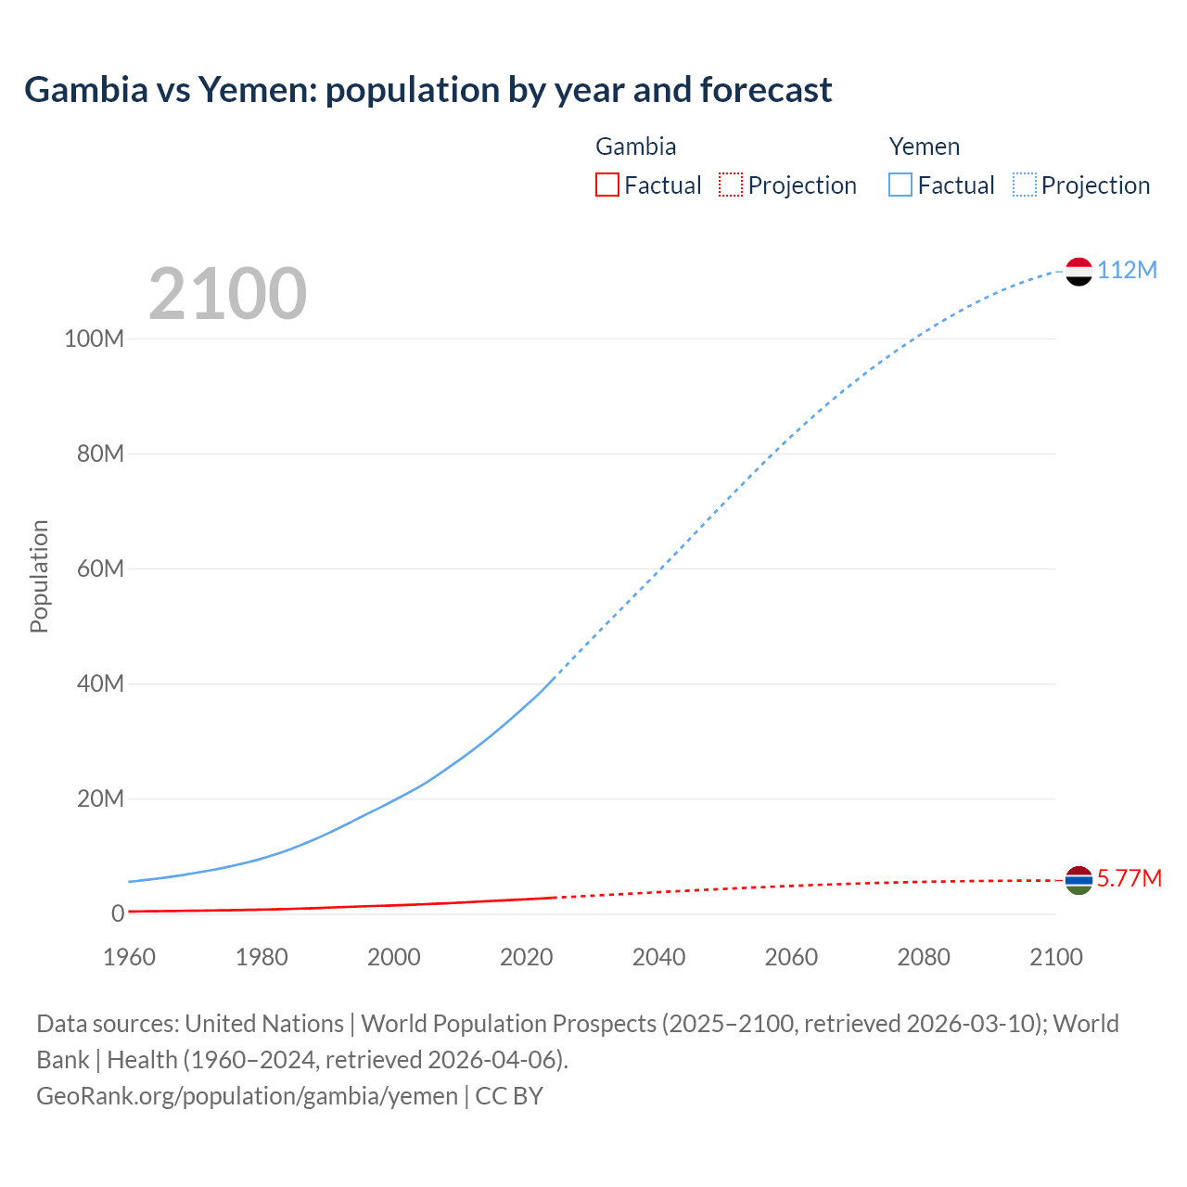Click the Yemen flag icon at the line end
1079,271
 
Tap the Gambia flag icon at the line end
1079,880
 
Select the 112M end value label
1127,270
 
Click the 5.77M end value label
1129,878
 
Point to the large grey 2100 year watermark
227,293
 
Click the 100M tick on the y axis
94,338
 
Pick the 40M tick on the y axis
100,683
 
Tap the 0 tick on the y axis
118,913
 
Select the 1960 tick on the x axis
129,957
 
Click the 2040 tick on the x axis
658,957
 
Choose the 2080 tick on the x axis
924,957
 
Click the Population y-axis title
39,576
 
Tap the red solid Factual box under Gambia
607,185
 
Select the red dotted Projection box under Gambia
731,185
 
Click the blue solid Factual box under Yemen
900,185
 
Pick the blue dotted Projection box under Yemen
1025,185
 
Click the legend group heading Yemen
924,147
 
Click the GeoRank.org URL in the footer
247,1096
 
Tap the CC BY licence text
509,1096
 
